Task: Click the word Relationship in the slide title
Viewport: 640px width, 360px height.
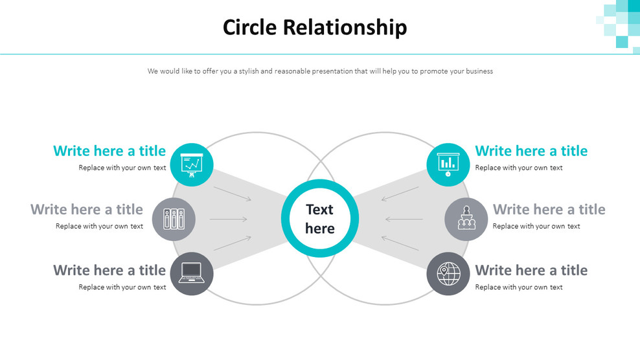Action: (345, 28)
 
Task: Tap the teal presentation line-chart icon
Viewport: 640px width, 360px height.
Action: (192, 165)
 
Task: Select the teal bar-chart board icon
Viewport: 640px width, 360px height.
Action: (448, 165)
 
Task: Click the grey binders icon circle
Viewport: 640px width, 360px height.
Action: (174, 219)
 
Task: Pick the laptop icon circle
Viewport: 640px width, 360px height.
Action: (192, 273)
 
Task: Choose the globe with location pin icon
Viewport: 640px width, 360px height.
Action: (448, 273)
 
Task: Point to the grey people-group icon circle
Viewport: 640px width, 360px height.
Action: (466, 219)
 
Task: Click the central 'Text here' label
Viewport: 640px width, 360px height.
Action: (320, 219)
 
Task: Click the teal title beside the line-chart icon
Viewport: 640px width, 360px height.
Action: (109, 151)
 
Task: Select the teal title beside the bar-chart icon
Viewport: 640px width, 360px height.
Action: (531, 151)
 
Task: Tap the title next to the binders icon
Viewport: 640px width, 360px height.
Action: (87, 209)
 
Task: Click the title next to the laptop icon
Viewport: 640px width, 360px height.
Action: (109, 270)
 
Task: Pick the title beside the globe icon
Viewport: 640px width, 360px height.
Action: (531, 270)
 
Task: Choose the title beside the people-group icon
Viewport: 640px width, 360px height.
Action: (549, 209)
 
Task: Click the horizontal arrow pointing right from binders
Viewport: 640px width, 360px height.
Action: (229, 219)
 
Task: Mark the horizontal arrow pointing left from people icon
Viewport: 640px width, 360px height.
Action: (404, 219)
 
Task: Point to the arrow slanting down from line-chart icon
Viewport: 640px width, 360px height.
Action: (233, 194)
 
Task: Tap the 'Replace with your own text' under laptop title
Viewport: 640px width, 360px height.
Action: (122, 287)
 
